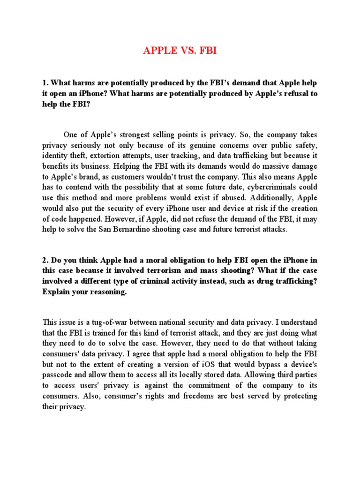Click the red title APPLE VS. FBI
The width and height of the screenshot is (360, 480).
coord(180,51)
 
